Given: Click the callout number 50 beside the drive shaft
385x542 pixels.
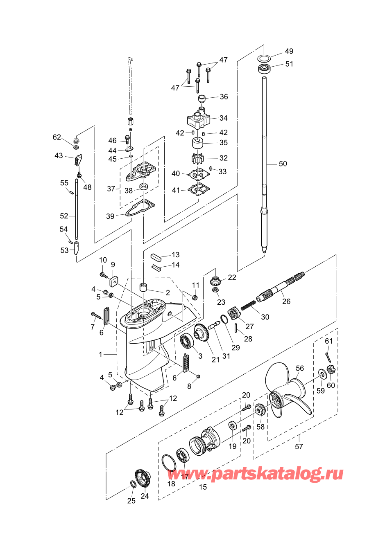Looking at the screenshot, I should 283,164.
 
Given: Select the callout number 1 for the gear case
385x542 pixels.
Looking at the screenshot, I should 101,355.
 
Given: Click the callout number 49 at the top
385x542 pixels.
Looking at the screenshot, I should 289,51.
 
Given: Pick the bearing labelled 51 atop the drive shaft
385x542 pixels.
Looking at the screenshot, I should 265,68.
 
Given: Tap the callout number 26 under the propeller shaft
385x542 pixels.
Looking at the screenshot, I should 286,301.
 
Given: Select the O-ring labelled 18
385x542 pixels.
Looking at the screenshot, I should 168,463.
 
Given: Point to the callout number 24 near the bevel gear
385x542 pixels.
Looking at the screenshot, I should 145,496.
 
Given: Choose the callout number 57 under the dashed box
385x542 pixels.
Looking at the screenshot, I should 299,447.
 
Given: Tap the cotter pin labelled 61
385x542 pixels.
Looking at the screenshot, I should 328,356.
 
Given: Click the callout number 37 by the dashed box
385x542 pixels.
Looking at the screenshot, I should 111,189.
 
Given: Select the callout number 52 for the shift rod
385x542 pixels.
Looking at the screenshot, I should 64,216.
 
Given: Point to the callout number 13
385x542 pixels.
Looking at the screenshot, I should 176,255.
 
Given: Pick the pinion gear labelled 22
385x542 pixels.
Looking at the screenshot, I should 215,281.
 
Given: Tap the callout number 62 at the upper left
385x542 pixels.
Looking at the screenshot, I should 57,137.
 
